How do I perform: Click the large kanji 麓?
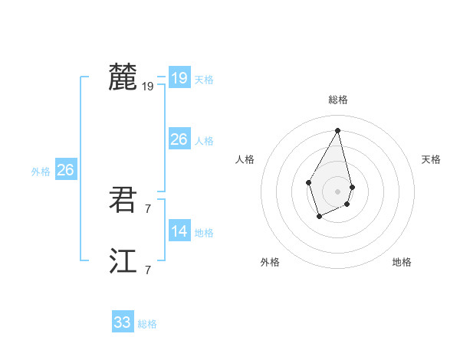(123, 77)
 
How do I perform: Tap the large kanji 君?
(123, 200)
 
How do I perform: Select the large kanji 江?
(123, 261)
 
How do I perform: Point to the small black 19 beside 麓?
(148, 87)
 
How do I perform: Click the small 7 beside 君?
(148, 208)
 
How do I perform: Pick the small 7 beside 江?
(148, 270)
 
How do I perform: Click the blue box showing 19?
(179, 77)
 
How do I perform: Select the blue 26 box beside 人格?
(179, 139)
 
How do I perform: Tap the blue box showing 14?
(179, 231)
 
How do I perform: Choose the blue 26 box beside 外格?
(65, 170)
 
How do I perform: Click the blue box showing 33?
(123, 322)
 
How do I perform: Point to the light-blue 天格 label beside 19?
(204, 80)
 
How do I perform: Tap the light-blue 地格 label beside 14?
(204, 233)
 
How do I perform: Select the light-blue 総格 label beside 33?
(147, 325)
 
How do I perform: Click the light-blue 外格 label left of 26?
(41, 172)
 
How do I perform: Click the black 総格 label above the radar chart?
(338, 100)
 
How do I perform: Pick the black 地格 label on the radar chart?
(402, 263)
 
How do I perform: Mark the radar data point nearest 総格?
(338, 130)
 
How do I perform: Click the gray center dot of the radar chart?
(338, 191)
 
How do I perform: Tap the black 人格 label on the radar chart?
(245, 159)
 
